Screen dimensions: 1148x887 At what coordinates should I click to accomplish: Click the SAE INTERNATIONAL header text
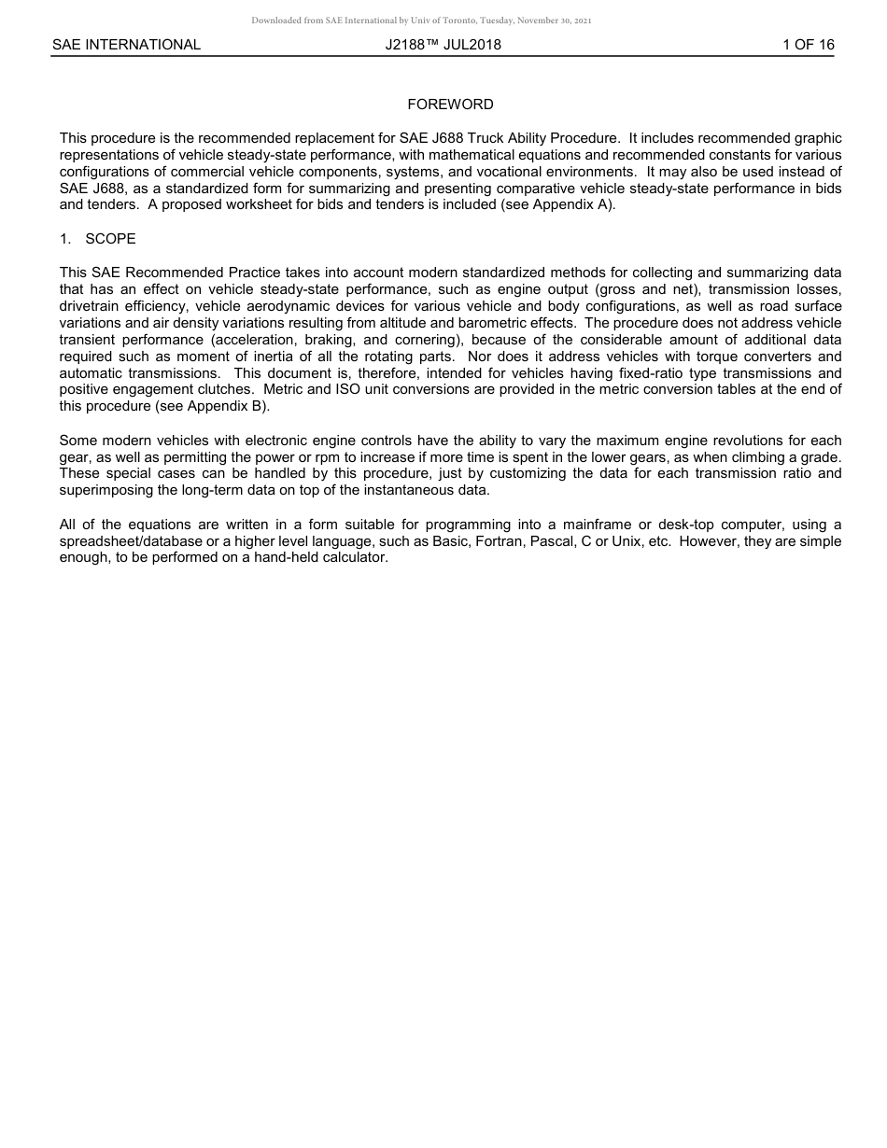pos(126,45)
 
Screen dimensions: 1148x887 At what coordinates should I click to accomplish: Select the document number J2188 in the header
pos(411,45)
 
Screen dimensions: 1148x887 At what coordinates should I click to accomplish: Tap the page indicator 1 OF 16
pos(808,45)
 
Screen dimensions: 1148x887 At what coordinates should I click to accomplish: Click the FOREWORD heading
pos(450,105)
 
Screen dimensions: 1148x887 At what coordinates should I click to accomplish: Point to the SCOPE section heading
pos(110,239)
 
